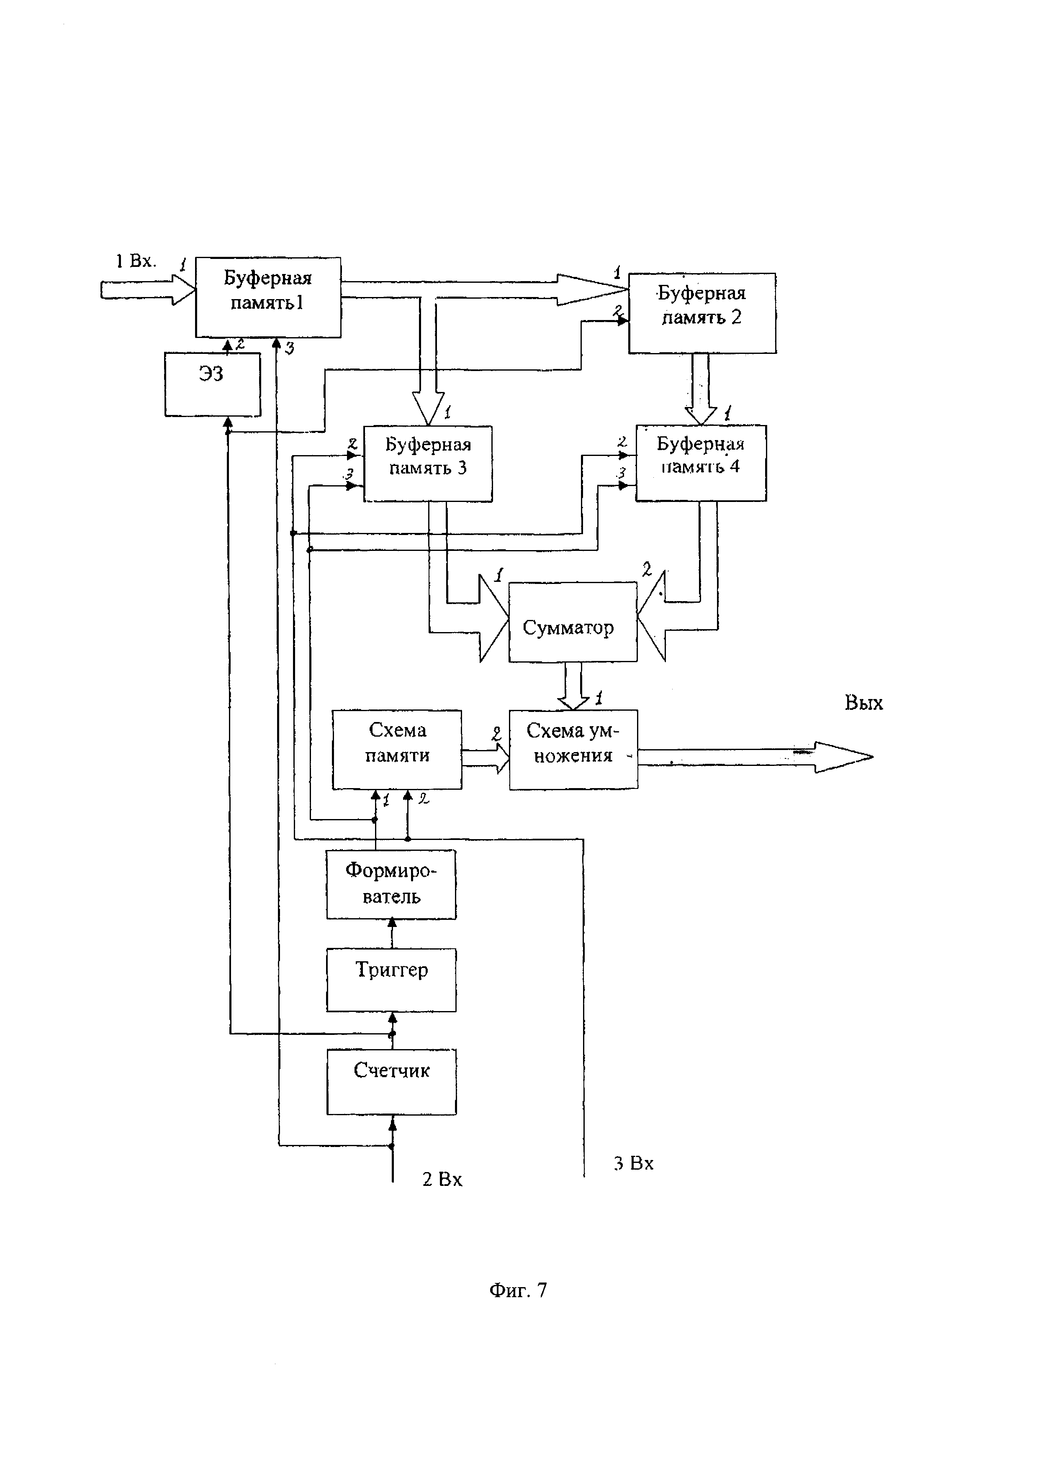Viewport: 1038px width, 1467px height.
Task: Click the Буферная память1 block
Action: [x=268, y=297]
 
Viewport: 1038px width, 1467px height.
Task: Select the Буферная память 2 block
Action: [x=702, y=313]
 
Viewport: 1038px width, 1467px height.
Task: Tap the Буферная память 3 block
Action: [x=428, y=464]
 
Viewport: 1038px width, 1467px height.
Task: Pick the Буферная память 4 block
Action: [x=701, y=463]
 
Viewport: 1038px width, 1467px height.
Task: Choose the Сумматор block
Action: [x=573, y=622]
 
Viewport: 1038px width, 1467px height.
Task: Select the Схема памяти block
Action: [x=397, y=750]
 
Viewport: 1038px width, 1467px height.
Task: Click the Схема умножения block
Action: [x=573, y=750]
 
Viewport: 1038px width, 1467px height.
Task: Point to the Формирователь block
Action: [x=391, y=884]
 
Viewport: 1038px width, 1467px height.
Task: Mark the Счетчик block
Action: [x=391, y=1082]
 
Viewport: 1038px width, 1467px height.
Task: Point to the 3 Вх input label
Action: [x=633, y=1163]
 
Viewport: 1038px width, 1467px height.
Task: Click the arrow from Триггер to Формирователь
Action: [x=392, y=934]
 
